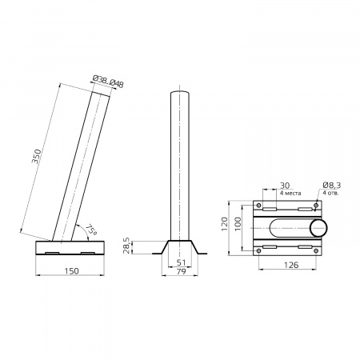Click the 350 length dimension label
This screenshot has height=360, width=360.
(x=36, y=157)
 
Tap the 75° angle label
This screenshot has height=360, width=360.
(x=91, y=230)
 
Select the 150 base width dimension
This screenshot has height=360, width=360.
(x=72, y=271)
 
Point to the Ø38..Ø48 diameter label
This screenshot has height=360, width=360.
(x=108, y=82)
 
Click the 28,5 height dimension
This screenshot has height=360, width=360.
(x=127, y=246)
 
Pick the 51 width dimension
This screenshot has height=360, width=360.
(x=181, y=262)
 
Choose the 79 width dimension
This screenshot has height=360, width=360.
(x=181, y=272)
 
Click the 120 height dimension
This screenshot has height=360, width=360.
(x=225, y=224)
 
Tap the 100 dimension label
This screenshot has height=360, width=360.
(x=238, y=224)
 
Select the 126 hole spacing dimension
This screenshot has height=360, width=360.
(x=291, y=265)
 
